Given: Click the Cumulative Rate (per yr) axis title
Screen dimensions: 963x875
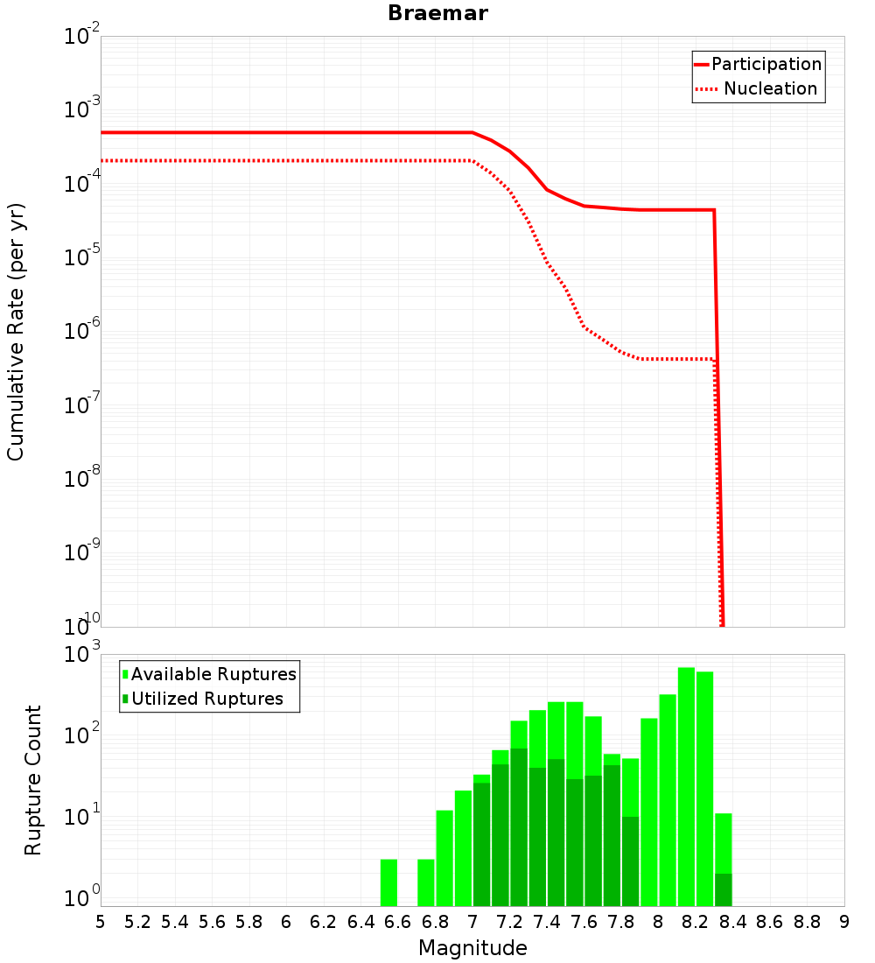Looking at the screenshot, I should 16,332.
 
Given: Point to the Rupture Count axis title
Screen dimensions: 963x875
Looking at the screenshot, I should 33,780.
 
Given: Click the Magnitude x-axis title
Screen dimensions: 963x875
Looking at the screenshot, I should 472,948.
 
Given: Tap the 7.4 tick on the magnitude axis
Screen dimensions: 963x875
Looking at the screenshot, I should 547,922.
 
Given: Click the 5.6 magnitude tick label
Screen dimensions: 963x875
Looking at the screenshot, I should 212,922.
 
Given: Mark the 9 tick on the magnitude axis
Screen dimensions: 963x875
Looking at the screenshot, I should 844,922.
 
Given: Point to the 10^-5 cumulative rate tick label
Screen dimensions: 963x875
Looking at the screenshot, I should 83,259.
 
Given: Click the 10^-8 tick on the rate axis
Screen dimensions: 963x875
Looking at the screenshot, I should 83,481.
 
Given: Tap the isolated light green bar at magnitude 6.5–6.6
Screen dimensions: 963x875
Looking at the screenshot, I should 388,882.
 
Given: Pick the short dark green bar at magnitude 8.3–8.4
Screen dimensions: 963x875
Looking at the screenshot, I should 723,889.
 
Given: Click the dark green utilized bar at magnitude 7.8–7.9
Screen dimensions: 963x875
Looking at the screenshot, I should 630,861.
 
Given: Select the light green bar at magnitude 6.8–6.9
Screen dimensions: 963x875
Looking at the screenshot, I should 444,858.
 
